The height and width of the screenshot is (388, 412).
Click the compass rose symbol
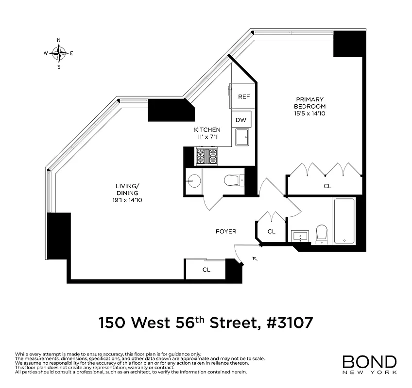59,53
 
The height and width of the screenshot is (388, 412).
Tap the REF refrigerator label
243,97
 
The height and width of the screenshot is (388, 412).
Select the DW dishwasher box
241,120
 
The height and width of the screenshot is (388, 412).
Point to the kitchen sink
242,137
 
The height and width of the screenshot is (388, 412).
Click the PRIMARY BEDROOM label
309,106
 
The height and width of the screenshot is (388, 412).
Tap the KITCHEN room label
207,133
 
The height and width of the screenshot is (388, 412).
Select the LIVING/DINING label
128,193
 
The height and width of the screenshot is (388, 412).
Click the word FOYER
226,232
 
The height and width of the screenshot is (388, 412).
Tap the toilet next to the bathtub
322,234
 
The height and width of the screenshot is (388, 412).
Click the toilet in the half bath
234,181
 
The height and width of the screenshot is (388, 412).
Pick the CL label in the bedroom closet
327,186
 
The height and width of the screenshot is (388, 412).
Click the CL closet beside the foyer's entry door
272,232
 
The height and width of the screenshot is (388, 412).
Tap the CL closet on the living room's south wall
206,270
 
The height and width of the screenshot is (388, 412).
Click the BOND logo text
369,362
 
